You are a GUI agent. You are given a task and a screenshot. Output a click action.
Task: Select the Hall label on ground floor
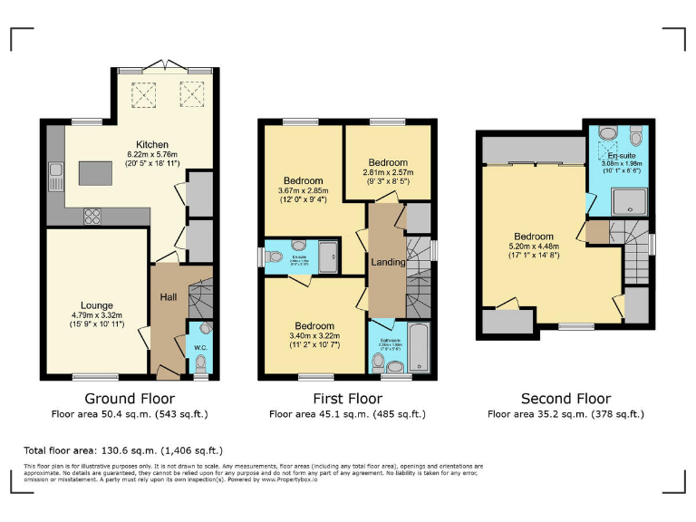click(169, 297)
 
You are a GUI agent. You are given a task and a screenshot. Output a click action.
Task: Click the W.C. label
click(201, 345)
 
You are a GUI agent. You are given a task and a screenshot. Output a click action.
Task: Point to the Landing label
click(388, 262)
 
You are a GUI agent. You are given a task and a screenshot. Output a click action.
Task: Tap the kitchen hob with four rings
click(92, 215)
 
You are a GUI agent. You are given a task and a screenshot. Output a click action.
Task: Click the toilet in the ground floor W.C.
click(201, 362)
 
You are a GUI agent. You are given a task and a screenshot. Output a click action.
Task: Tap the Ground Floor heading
click(130, 399)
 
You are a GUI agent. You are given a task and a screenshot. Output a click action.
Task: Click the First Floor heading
click(346, 399)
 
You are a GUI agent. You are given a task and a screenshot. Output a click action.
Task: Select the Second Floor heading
click(565, 399)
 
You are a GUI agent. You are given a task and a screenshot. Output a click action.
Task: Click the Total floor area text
click(123, 449)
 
